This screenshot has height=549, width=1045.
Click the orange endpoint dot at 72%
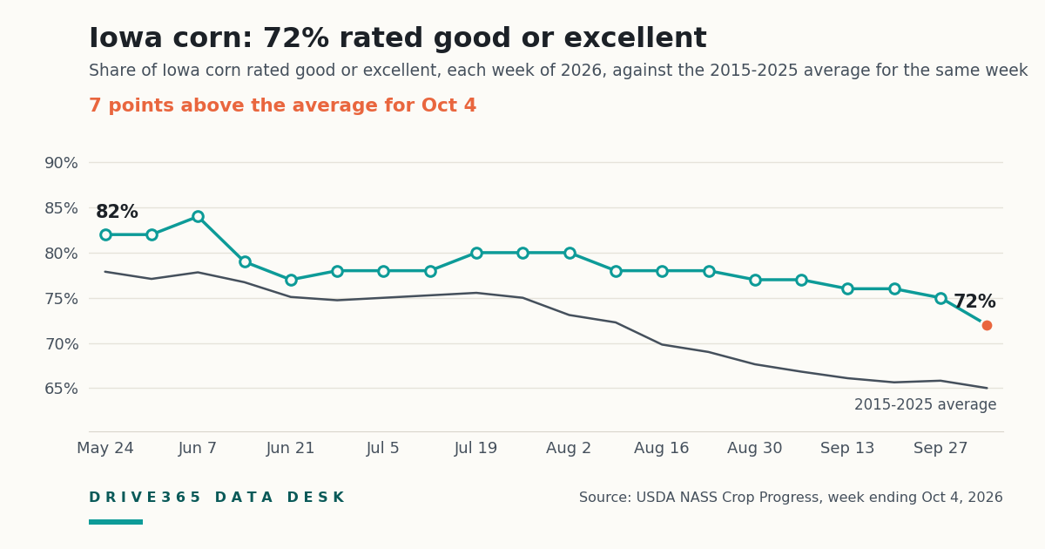[987, 325]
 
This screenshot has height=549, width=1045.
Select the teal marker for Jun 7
[198, 217]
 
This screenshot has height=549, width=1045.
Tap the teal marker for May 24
[105, 234]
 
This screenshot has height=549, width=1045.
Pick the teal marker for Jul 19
[476, 253]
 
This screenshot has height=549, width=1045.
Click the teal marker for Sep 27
[940, 298]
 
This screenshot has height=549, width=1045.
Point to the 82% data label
[117, 212]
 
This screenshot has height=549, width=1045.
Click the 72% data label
[974, 302]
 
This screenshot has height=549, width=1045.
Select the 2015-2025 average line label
[925, 404]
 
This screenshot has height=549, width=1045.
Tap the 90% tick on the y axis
[61, 163]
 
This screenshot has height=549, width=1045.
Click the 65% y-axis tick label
[61, 389]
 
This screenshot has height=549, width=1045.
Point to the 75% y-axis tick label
[61, 299]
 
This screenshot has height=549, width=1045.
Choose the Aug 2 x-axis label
[569, 448]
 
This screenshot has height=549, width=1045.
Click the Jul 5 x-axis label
[383, 448]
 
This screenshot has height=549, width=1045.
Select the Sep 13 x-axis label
[847, 448]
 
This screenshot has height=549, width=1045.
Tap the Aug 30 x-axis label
[754, 448]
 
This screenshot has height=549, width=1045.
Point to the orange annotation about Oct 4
[283, 105]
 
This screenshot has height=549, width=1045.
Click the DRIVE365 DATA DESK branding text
[217, 498]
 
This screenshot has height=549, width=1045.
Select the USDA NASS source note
[791, 498]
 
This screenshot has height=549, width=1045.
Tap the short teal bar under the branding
[116, 522]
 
